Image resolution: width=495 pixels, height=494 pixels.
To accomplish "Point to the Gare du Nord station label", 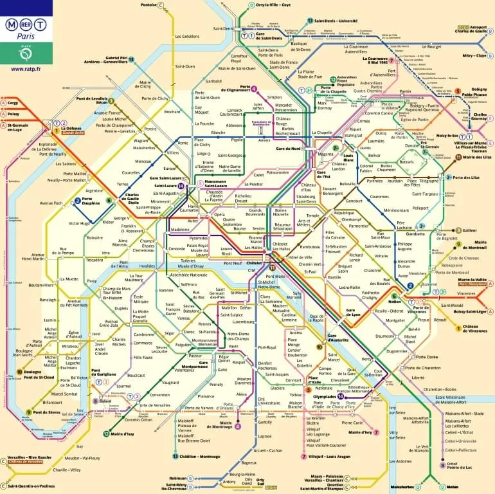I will [289, 149].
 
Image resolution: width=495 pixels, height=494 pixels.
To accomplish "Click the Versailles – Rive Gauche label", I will [30, 459].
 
